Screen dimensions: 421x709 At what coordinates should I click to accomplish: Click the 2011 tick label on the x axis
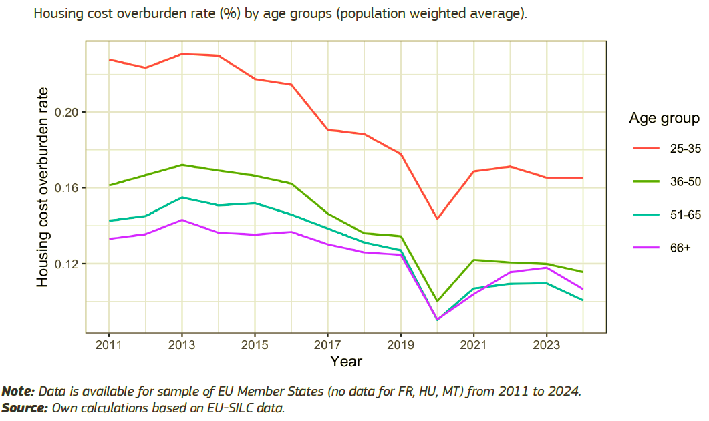pyautogui.click(x=108, y=345)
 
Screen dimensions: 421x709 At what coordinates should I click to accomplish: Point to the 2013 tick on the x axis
pyautogui.click(x=182, y=345)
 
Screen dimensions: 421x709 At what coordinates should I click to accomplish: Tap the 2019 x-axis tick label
pyautogui.click(x=400, y=345)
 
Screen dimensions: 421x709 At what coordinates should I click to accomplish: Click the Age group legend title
pyautogui.click(x=664, y=119)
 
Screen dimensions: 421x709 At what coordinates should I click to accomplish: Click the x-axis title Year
pyautogui.click(x=346, y=362)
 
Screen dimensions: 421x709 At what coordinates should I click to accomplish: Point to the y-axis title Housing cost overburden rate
pyautogui.click(x=43, y=187)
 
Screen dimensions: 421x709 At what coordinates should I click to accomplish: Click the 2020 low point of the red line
pyautogui.click(x=437, y=219)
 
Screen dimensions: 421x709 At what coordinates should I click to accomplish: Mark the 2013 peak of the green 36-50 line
pyautogui.click(x=182, y=165)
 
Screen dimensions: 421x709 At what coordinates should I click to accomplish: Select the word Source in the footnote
pyautogui.click(x=24, y=407)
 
